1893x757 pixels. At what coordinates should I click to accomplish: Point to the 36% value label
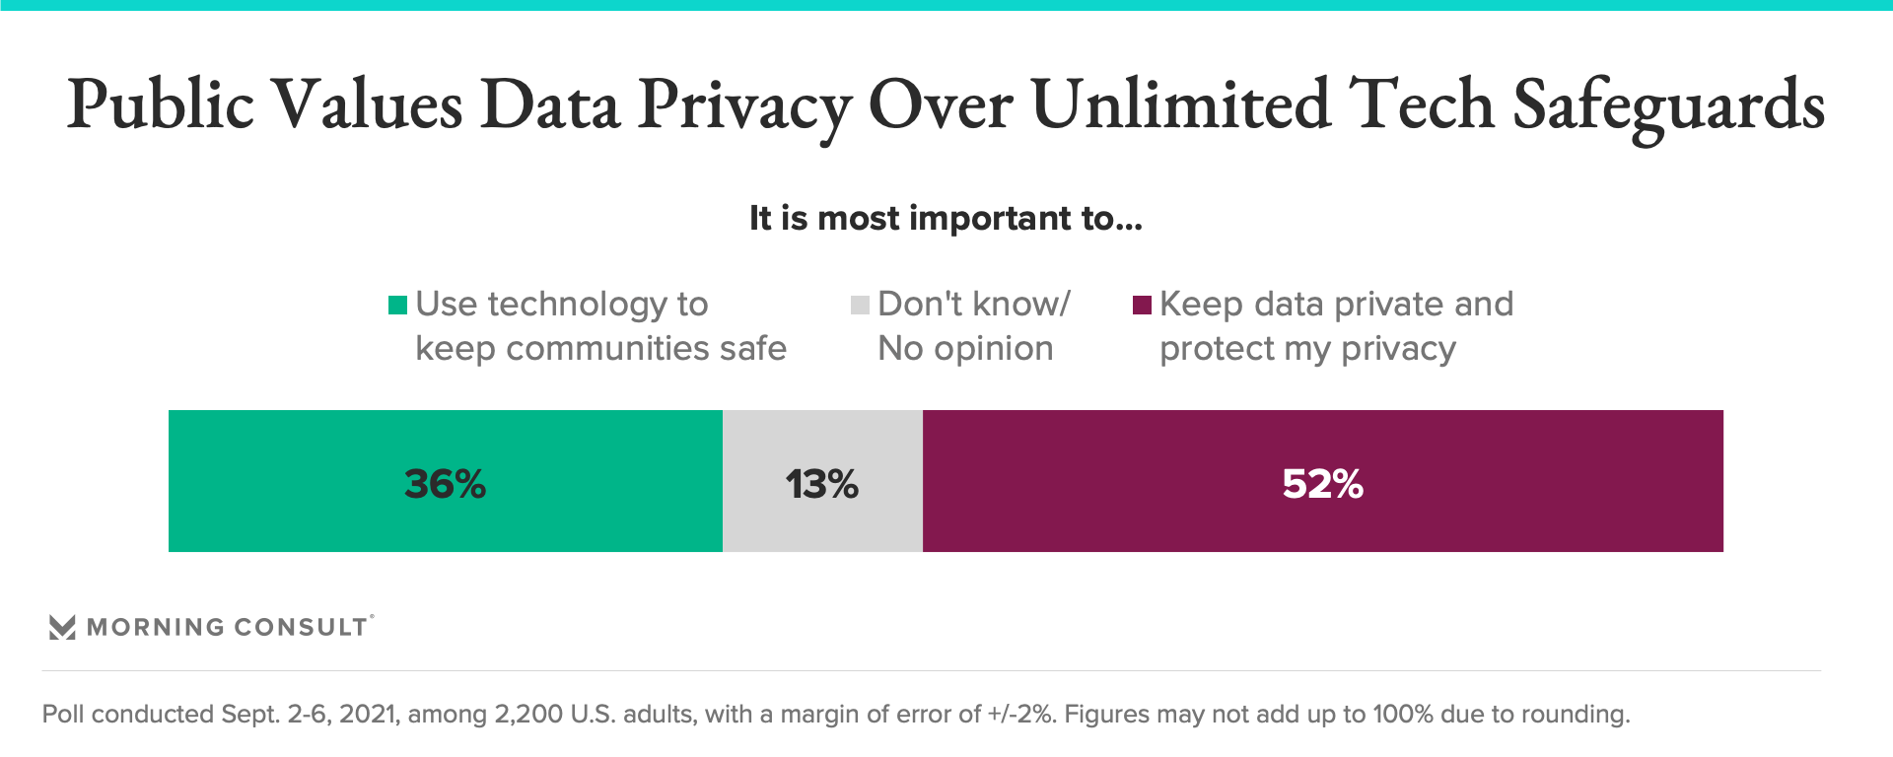(x=446, y=484)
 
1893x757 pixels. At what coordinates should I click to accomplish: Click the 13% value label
(x=821, y=484)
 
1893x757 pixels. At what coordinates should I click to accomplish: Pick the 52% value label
(x=1322, y=484)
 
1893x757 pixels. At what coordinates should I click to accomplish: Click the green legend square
(x=397, y=306)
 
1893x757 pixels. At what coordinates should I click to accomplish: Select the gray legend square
(x=860, y=306)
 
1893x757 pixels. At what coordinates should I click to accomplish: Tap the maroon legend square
(x=1143, y=306)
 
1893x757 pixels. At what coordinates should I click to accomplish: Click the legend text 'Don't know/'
(x=973, y=305)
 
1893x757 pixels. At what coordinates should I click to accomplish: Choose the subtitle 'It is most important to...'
(x=946, y=218)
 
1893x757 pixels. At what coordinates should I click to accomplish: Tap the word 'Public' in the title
(x=161, y=104)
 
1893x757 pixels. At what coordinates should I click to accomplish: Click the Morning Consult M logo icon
(x=62, y=627)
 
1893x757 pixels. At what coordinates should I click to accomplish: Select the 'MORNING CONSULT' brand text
(x=227, y=627)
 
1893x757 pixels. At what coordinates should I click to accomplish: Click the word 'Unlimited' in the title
(x=1180, y=104)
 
